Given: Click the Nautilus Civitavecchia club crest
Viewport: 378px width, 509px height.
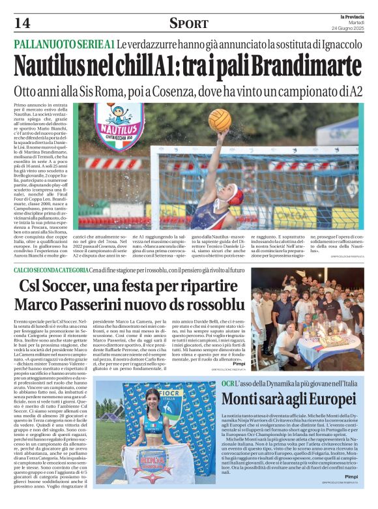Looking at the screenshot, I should [119, 124].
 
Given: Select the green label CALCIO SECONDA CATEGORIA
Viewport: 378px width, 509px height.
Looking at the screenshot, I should [52, 269].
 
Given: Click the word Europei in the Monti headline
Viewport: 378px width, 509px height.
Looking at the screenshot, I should [316, 398].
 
